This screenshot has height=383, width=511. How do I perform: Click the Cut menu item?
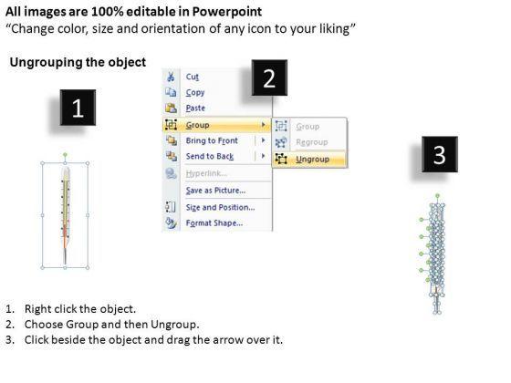pyautogui.click(x=193, y=77)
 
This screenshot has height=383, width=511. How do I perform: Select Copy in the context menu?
pyautogui.click(x=195, y=93)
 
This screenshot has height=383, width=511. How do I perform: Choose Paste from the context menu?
pyautogui.click(x=195, y=108)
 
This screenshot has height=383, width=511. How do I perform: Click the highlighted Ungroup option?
pyautogui.click(x=312, y=160)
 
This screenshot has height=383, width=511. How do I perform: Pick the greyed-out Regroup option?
pyautogui.click(x=312, y=142)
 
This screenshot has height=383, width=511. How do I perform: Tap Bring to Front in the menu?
pyautogui.click(x=212, y=140)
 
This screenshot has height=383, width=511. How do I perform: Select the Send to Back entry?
pyautogui.click(x=210, y=157)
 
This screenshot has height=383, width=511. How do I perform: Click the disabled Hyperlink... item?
pyautogui.click(x=206, y=173)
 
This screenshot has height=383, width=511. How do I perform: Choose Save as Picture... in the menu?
pyautogui.click(x=215, y=191)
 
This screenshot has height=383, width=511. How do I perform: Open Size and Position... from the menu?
pyautogui.click(x=220, y=208)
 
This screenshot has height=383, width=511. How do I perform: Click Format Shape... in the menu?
pyautogui.click(x=214, y=223)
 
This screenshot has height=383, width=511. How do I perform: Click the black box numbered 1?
pyautogui.click(x=78, y=108)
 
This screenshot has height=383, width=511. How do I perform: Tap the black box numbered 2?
pyautogui.click(x=269, y=78)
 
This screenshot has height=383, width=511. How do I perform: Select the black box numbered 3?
pyautogui.click(x=440, y=154)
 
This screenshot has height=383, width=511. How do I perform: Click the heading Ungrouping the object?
pyautogui.click(x=78, y=62)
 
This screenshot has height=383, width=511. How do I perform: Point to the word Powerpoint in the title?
pyautogui.click(x=227, y=12)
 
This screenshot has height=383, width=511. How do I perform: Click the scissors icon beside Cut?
pyautogui.click(x=171, y=77)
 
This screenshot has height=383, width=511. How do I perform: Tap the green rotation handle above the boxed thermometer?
pyautogui.click(x=65, y=155)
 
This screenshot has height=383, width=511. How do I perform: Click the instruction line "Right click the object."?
pyautogui.click(x=80, y=309)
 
